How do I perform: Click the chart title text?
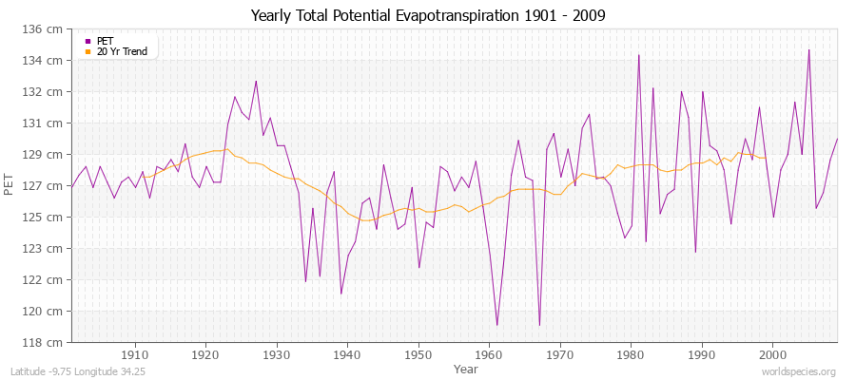428,16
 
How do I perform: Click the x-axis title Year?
466,368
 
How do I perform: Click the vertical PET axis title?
10,185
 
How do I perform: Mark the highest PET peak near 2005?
808,50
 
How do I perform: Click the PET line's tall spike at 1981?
638,55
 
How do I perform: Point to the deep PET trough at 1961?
496,325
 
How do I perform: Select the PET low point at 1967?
539,325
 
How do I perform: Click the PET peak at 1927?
256,81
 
